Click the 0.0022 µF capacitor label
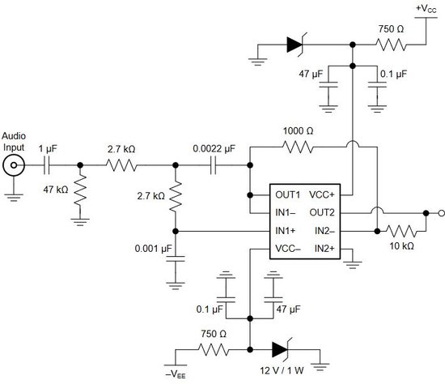pyautogui.click(x=214, y=148)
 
